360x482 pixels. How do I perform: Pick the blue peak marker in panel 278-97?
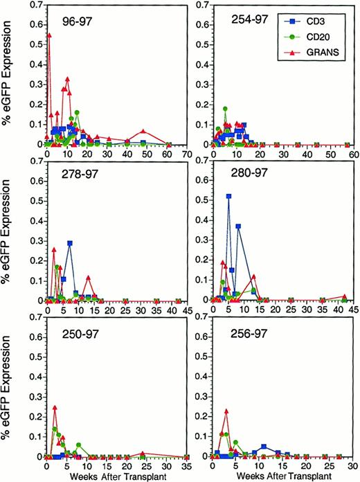pos(70,243)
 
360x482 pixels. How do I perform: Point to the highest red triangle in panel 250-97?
pos(55,408)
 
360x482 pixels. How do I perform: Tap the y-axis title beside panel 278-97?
pos(9,234)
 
